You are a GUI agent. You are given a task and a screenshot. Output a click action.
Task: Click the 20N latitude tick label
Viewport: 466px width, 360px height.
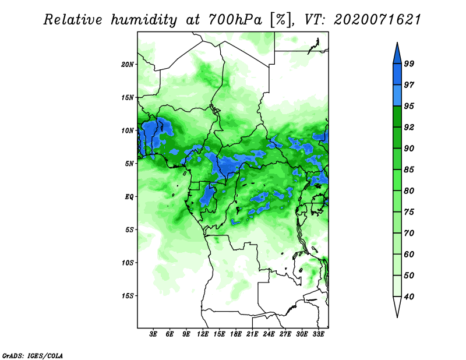(x=128, y=65)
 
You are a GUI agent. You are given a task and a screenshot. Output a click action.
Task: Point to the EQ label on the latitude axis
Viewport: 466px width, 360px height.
(x=129, y=197)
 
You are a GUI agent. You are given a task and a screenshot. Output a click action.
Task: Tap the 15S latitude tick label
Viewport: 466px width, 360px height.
(x=128, y=296)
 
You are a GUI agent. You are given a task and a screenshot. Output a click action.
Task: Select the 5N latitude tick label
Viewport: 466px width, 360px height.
(x=129, y=164)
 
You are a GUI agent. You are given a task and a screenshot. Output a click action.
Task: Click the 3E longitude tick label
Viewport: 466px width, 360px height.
(x=153, y=334)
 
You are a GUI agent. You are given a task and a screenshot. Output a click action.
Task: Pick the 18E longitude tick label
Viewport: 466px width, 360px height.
(x=236, y=334)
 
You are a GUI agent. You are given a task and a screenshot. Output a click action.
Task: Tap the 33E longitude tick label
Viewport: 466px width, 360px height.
(x=318, y=334)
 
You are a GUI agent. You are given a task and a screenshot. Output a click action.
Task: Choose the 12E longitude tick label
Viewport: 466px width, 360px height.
(x=203, y=334)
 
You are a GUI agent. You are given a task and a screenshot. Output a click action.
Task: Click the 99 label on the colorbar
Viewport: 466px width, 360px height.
(x=409, y=63)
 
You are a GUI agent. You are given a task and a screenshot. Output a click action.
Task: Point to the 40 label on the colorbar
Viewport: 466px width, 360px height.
(x=409, y=297)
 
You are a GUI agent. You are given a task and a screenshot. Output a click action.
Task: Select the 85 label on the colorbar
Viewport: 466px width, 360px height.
(x=409, y=170)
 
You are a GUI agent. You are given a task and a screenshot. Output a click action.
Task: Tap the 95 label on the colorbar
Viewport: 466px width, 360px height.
(x=409, y=106)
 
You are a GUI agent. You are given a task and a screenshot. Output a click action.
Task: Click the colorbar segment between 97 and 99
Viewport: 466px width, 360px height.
(x=397, y=75)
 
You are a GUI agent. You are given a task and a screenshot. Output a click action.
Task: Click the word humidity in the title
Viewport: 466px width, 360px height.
(x=144, y=20)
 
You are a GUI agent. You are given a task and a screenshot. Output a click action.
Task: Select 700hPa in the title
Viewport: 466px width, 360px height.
(x=235, y=20)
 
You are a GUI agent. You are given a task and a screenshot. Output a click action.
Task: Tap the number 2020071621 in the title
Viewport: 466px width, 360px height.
(x=377, y=20)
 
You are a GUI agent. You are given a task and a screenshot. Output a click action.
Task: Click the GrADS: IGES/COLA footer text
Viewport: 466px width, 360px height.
(x=33, y=355)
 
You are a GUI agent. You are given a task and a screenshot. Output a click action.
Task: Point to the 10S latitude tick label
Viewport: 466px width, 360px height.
(x=128, y=263)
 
